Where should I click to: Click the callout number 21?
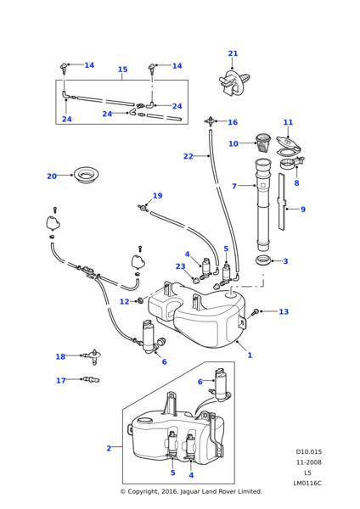click(x=233, y=53)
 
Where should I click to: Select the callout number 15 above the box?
click(x=122, y=70)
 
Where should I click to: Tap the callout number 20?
click(x=53, y=176)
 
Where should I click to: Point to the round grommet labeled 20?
click(x=86, y=175)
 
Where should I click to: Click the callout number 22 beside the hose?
click(x=188, y=156)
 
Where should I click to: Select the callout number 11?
click(x=288, y=122)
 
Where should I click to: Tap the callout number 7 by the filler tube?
click(x=234, y=186)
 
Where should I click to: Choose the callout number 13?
click(x=284, y=312)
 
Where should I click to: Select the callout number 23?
click(x=180, y=266)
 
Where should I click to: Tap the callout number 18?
click(x=60, y=357)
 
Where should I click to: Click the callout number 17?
click(x=61, y=381)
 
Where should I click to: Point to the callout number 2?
click(x=109, y=448)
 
